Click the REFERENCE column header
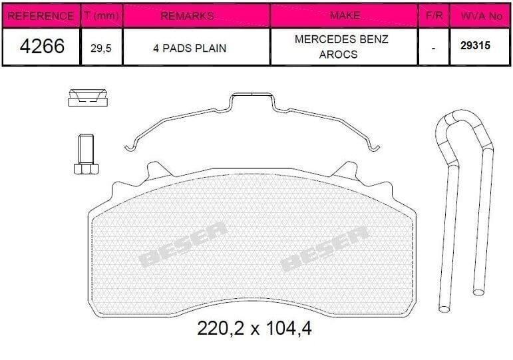39,15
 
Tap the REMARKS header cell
196,15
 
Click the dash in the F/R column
434,48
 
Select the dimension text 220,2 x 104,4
255,328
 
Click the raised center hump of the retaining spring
253,100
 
